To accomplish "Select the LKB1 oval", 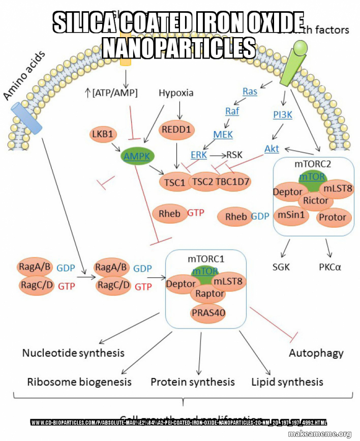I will [104, 134].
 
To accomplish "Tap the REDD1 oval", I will [177, 130].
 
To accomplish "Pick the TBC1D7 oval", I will [233, 181].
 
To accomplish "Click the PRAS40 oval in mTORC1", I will [208, 312].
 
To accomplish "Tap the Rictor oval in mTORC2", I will [315, 200].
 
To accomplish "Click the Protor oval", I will [332, 217].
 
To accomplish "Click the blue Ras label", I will [250, 92].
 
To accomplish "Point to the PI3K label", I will [283, 114].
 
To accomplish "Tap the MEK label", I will [223, 134].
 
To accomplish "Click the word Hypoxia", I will [176, 93].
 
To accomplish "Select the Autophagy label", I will [316, 352].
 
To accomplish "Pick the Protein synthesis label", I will [193, 381].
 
